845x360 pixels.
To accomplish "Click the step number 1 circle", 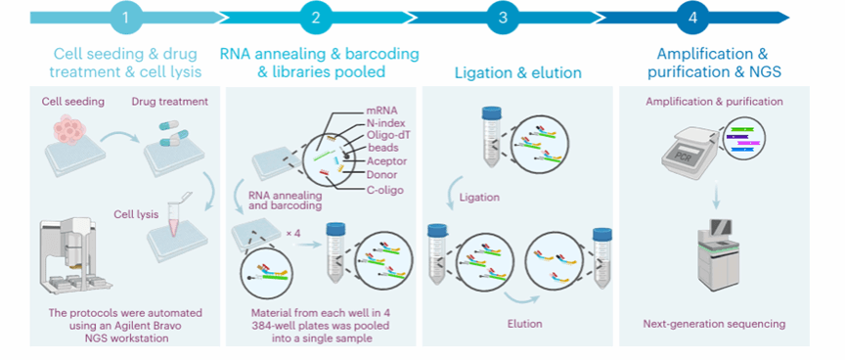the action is (125, 18).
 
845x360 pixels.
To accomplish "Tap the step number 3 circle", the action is (503, 18).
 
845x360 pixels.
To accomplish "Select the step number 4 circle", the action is (692, 18).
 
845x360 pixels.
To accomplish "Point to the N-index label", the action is (385, 124).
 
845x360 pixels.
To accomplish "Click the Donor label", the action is (381, 174).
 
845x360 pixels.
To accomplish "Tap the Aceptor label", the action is (386, 160).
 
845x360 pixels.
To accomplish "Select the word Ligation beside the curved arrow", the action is (479, 198).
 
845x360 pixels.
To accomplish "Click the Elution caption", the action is (524, 324).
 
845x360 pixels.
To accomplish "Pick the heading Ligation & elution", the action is (518, 72).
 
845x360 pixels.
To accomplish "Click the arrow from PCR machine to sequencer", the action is (716, 196).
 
